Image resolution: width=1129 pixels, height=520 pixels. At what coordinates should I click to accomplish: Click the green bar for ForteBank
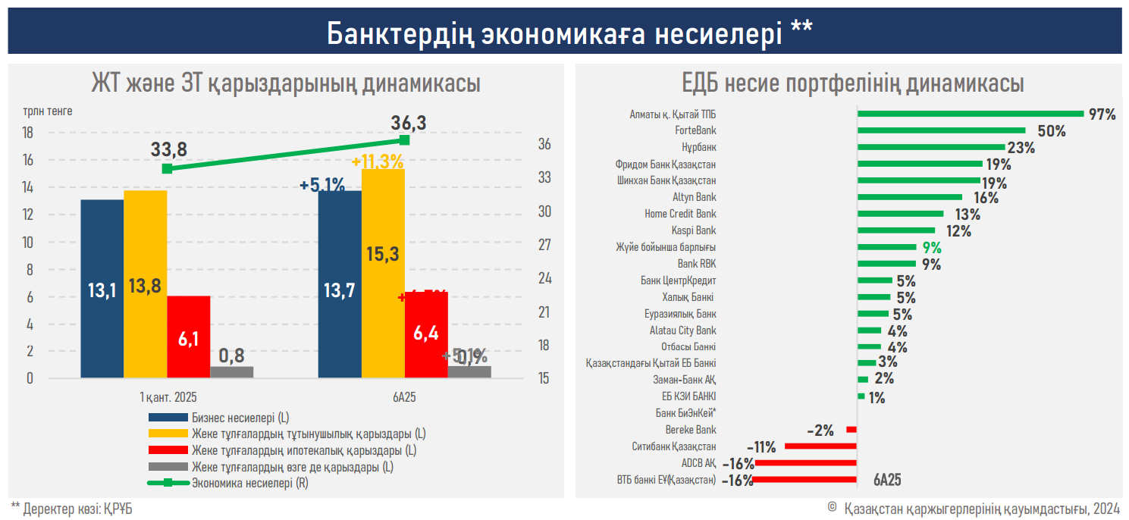coord(941,130)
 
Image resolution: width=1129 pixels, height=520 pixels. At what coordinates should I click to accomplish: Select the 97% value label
coord(1102,114)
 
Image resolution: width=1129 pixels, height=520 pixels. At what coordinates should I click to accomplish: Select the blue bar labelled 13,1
coord(102,288)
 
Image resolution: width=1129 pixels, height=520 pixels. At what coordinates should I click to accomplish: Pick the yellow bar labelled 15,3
coord(383,273)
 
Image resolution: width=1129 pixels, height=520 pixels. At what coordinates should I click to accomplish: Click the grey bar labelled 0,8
coord(232,371)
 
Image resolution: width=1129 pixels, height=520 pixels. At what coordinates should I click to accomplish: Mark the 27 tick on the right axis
coord(544,246)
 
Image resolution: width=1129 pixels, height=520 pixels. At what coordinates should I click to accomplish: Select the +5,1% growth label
coord(322,184)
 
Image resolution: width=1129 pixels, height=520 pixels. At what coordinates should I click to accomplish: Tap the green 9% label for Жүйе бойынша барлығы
coord(931,247)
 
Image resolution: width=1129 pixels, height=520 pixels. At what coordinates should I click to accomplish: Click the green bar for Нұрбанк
coord(930,147)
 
